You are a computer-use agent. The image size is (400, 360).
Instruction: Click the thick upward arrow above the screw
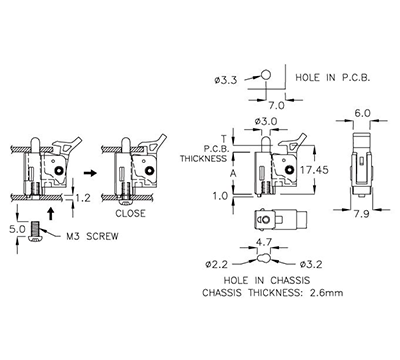point(50,212)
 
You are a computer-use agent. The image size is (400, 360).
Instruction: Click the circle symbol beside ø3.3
point(267,74)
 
